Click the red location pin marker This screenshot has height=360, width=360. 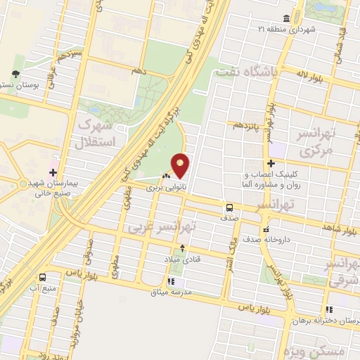[x=181, y=166]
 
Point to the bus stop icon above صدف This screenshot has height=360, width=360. [x=229, y=207]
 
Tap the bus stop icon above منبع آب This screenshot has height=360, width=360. [x=43, y=276]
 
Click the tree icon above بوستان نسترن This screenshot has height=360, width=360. [x=16, y=74]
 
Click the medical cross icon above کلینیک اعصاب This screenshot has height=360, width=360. [x=271, y=164]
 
